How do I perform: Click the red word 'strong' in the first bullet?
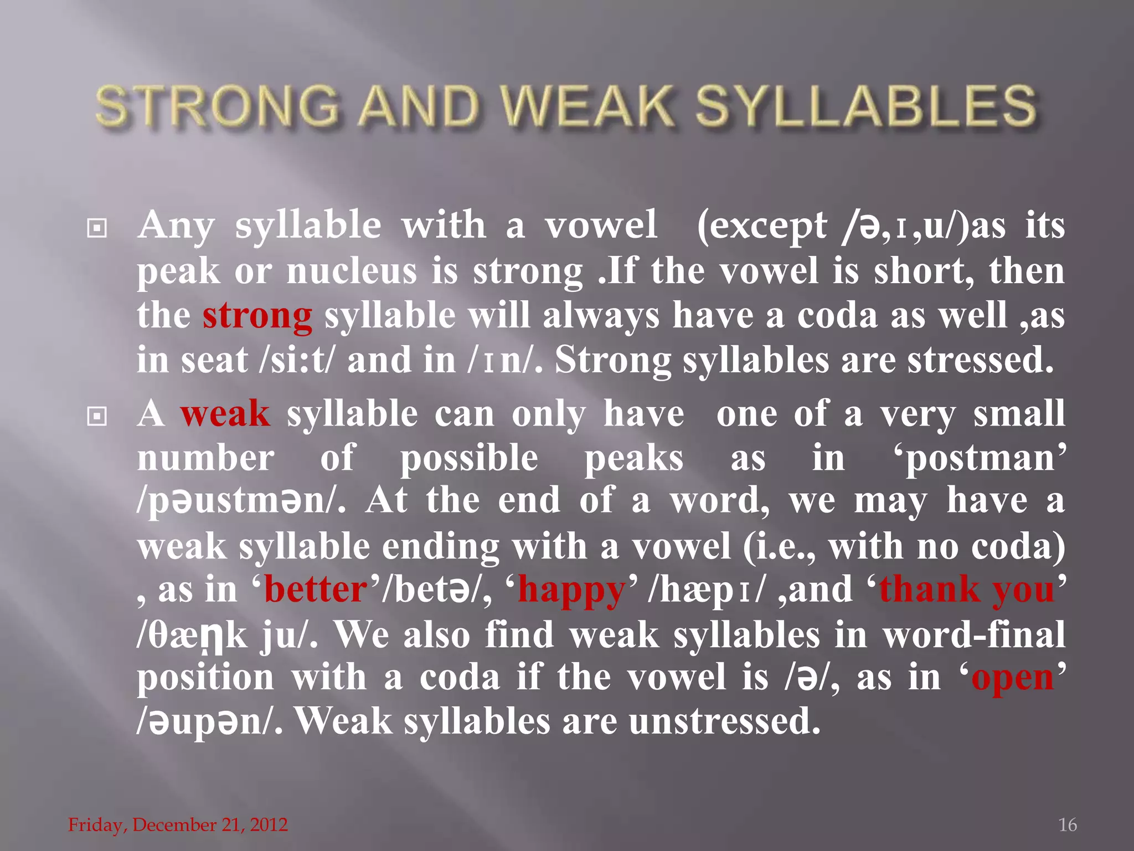257,316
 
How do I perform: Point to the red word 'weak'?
225,414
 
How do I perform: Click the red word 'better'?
316,589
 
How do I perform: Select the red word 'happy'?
571,591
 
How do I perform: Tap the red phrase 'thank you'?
967,589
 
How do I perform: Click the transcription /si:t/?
297,360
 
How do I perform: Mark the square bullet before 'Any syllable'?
97,228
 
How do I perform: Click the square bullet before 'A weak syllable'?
97,416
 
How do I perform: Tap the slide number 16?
1067,825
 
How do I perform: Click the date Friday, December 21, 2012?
178,825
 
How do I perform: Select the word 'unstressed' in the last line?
724,722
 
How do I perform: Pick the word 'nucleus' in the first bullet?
351,271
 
